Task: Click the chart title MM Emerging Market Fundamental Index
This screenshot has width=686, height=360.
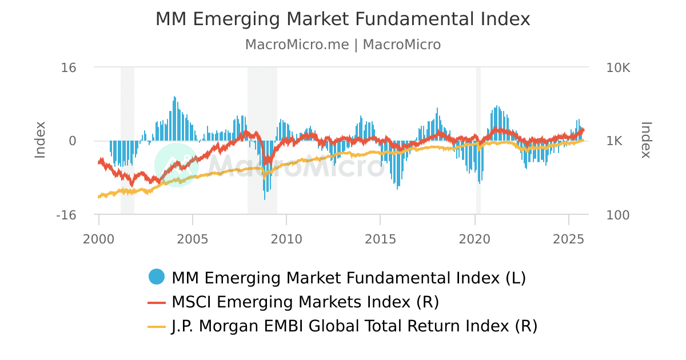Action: [x=343, y=19]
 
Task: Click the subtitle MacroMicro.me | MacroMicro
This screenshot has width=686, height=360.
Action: [x=343, y=45]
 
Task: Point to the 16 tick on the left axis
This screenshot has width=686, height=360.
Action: [x=69, y=67]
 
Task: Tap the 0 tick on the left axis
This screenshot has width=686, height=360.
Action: [x=73, y=141]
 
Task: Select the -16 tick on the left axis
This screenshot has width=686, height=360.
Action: [x=66, y=215]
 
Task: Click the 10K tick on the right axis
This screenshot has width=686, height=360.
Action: [x=618, y=67]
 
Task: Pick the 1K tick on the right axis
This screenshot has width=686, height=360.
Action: [x=615, y=141]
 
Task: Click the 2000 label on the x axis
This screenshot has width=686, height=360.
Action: [x=99, y=237]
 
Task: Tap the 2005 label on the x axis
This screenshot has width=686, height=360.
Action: [x=193, y=237]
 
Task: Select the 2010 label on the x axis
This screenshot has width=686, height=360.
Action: [x=286, y=237]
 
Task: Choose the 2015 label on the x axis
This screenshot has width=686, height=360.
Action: [x=381, y=237]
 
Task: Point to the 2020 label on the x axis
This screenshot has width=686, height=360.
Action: [x=475, y=237]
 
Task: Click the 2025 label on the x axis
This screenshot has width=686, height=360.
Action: [x=569, y=237]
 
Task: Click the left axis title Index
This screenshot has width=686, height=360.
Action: [x=40, y=140]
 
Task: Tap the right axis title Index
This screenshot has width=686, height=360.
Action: [x=646, y=140]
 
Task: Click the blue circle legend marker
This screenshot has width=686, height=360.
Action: [x=157, y=277]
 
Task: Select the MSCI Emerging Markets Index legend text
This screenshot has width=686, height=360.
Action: [x=305, y=302]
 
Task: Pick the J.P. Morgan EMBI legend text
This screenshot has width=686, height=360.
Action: [x=354, y=326]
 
